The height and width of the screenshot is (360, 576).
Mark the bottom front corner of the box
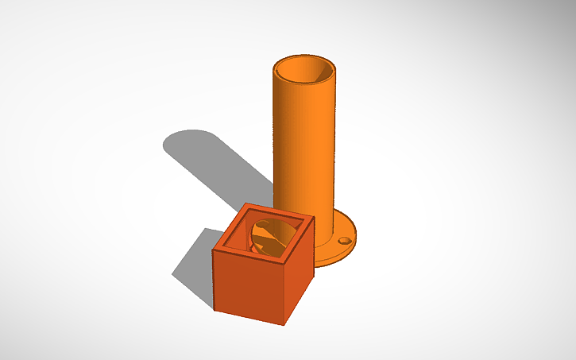click(284, 324)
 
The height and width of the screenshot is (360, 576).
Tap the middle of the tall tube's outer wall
click(306, 151)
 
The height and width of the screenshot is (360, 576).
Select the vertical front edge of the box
click(284, 294)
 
